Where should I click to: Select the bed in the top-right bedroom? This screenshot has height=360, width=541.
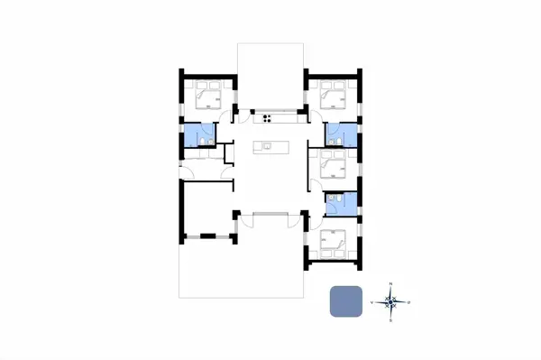click(x=333, y=95)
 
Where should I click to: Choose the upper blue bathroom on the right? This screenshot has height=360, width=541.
click(x=341, y=134)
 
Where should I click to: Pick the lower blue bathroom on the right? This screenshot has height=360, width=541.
click(x=340, y=204)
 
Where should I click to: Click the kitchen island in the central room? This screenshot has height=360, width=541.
click(x=267, y=146)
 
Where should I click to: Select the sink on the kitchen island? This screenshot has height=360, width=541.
click(x=267, y=145)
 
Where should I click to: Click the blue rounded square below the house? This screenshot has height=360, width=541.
click(x=346, y=300)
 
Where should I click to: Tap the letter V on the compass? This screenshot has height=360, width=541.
click(x=372, y=302)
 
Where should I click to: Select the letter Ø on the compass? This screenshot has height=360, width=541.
click(x=409, y=302)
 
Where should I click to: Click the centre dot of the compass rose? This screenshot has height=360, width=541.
click(x=390, y=302)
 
